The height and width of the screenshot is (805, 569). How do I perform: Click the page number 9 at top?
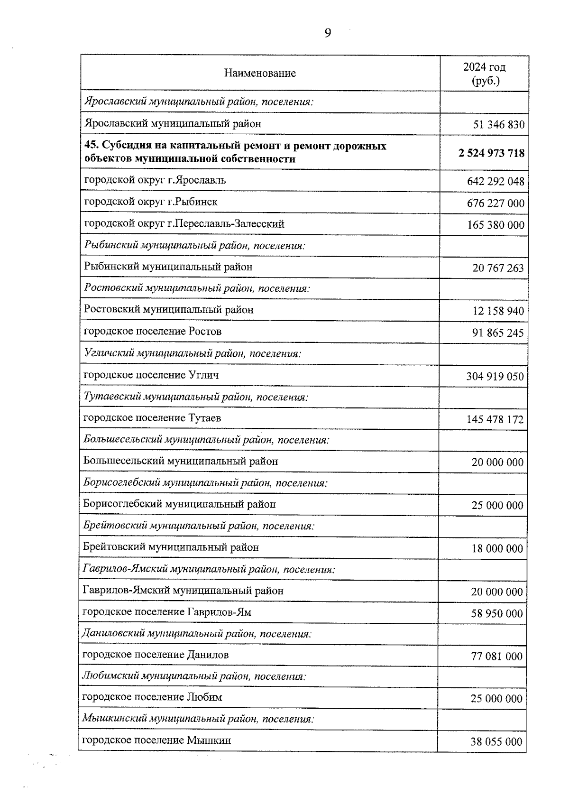pyautogui.click(x=328, y=33)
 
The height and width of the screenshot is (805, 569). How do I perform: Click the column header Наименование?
pyautogui.click(x=260, y=73)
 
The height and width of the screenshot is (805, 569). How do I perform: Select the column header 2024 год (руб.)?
pyautogui.click(x=484, y=74)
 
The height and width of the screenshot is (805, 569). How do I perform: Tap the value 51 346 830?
pyautogui.click(x=498, y=125)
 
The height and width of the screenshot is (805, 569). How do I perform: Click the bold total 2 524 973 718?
pyautogui.click(x=491, y=153)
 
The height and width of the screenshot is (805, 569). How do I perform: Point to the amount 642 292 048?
pyautogui.click(x=496, y=182)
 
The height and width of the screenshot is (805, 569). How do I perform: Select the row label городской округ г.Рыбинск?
pyautogui.click(x=151, y=202)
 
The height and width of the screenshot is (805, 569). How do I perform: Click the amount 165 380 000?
pyautogui.click(x=496, y=225)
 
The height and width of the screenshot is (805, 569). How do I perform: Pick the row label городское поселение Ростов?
pyautogui.click(x=153, y=331)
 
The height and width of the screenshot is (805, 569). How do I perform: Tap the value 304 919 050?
pyautogui.click(x=495, y=377)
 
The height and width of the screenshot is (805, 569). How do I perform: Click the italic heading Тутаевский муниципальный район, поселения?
pyautogui.click(x=196, y=397)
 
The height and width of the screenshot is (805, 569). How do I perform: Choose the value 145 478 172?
pyautogui.click(x=495, y=420)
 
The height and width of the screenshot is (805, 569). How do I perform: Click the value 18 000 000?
pyautogui.click(x=497, y=549)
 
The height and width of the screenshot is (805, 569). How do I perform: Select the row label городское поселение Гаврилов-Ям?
pyautogui.click(x=167, y=612)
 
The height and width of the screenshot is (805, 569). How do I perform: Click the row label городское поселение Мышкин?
pyautogui.click(x=156, y=740)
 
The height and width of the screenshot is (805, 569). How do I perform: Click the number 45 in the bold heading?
pyautogui.click(x=90, y=146)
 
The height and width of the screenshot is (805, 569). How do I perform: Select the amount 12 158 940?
pyautogui.click(x=498, y=311)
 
